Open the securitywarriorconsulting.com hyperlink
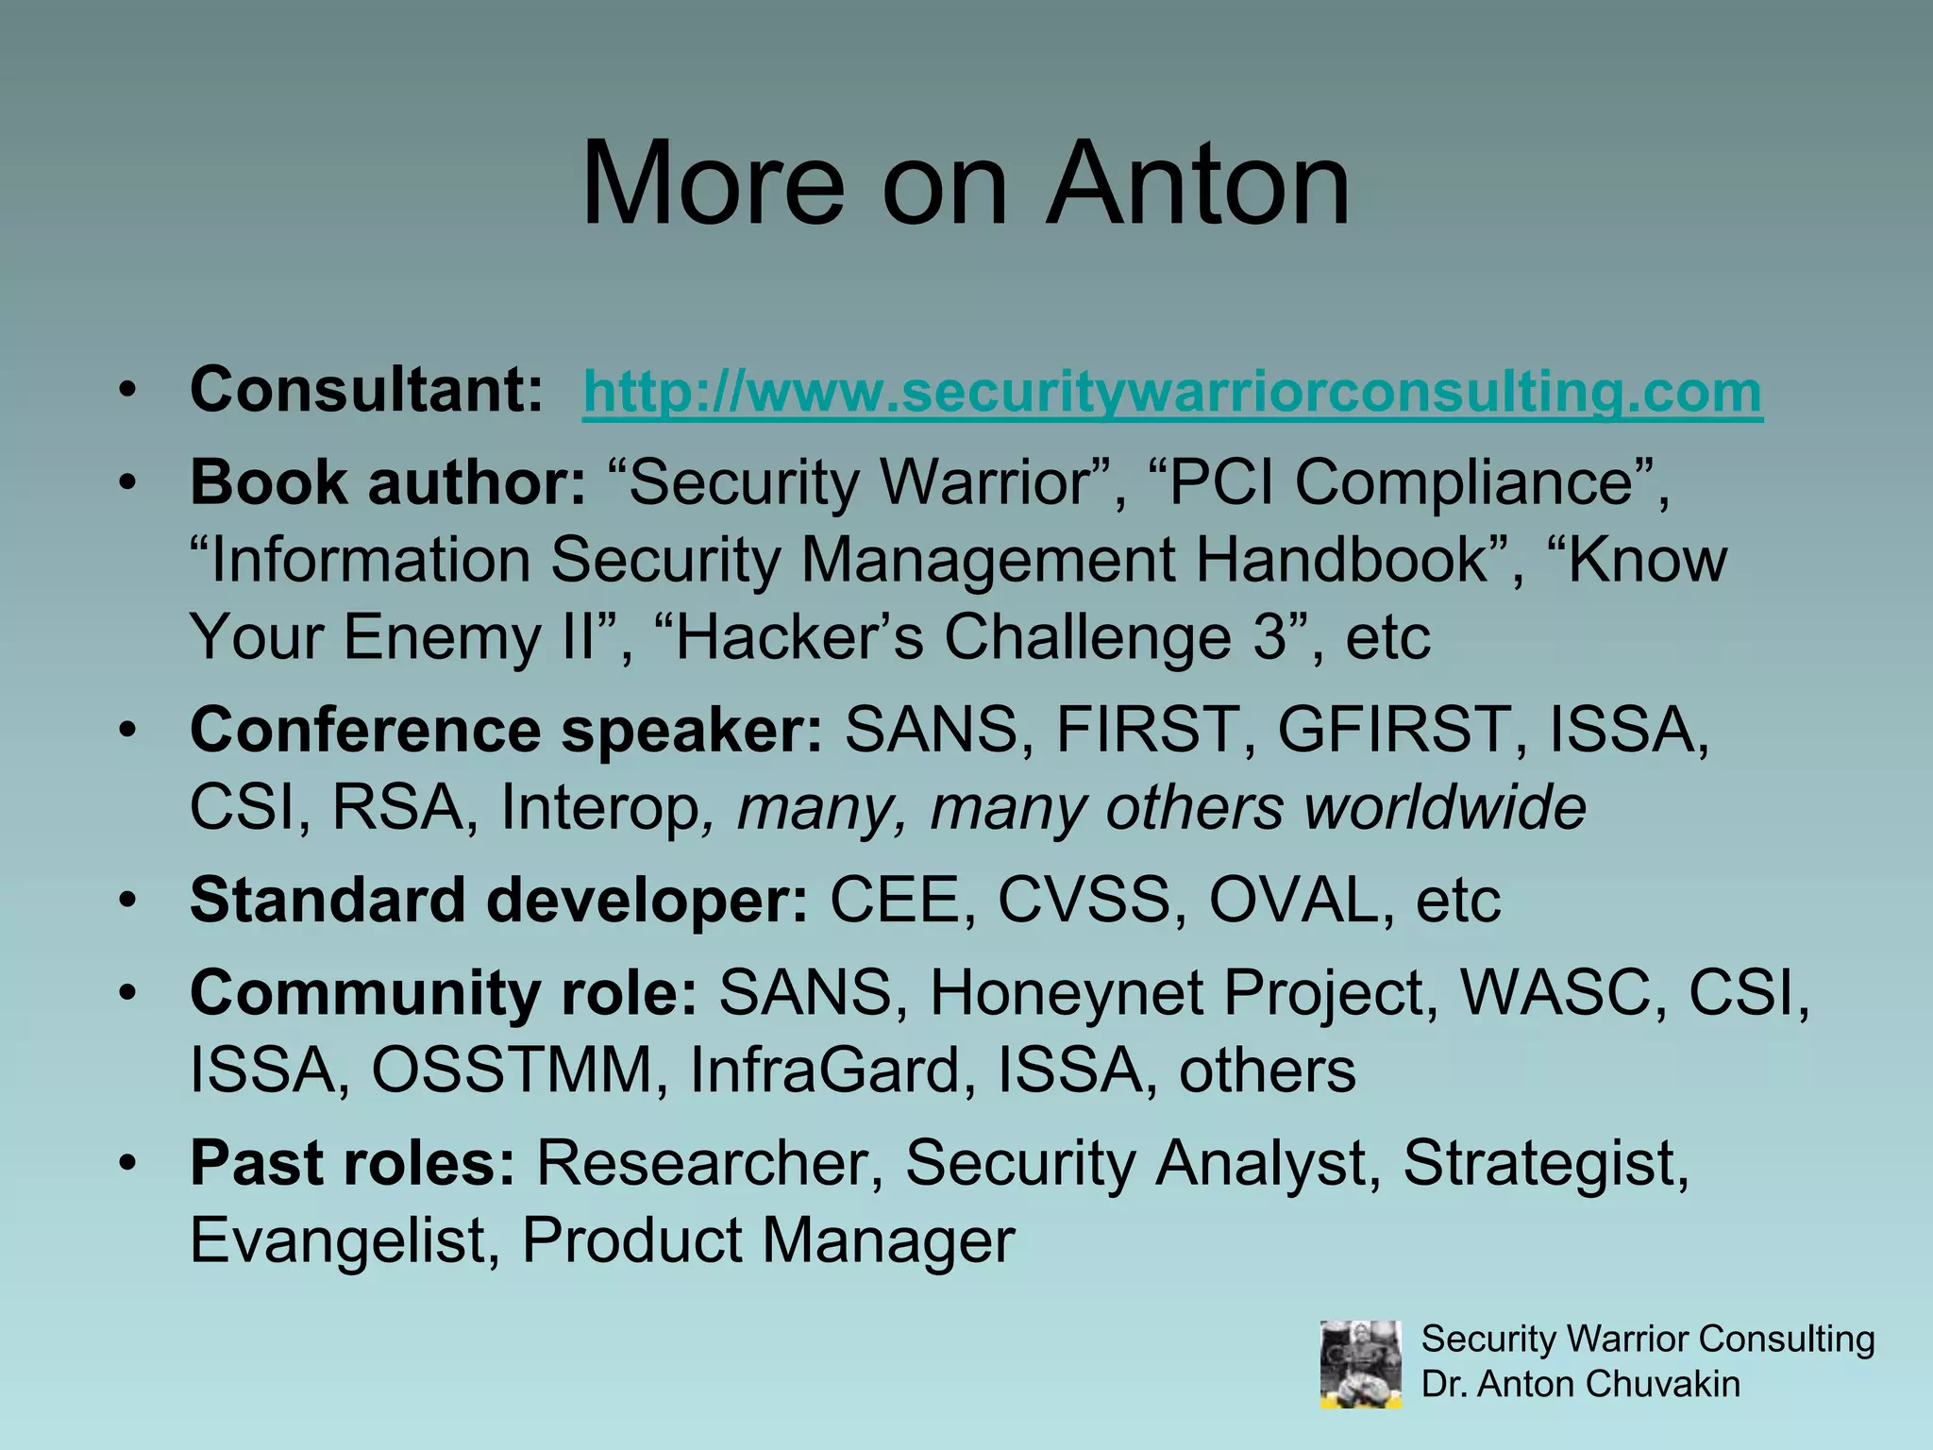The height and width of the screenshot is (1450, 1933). click(1172, 391)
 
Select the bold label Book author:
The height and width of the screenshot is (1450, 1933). click(388, 482)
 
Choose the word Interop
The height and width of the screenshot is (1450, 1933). click(598, 808)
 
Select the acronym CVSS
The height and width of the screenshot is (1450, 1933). click(1084, 900)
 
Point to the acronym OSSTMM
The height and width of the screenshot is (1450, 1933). click(512, 1071)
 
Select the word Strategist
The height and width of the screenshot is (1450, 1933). click(1545, 1163)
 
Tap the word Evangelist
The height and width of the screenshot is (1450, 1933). click(337, 1240)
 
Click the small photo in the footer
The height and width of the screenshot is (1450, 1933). click(1360, 1364)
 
